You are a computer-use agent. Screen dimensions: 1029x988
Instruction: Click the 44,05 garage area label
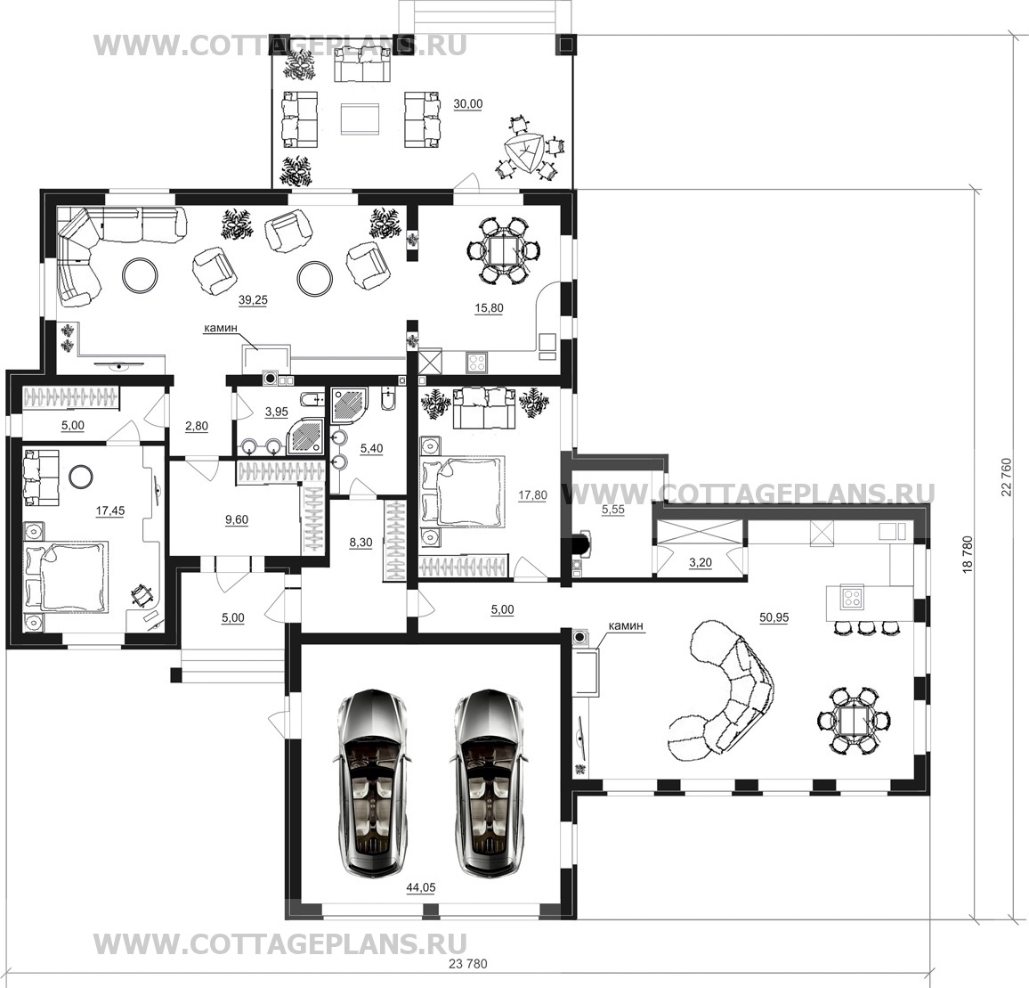421,888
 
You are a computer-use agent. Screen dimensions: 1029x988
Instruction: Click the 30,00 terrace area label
468,104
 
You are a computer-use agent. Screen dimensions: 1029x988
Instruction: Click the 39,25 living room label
253,300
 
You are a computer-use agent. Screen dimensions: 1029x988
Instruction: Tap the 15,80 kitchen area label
489,307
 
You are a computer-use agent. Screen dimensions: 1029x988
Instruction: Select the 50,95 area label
774,617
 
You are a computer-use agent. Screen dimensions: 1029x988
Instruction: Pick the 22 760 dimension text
1008,477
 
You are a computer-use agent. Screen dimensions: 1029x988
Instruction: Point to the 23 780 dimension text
468,964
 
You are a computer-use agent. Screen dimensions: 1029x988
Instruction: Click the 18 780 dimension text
967,556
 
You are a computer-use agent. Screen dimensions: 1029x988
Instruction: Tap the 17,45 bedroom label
110,511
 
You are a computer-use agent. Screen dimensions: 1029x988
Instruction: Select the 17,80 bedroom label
532,495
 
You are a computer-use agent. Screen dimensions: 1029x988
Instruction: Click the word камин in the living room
221,327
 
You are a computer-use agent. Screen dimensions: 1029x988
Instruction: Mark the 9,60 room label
237,519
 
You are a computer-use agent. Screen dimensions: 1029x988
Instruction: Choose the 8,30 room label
361,543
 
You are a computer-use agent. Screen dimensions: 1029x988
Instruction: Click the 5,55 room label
613,509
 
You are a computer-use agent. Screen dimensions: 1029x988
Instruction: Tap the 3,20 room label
701,562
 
